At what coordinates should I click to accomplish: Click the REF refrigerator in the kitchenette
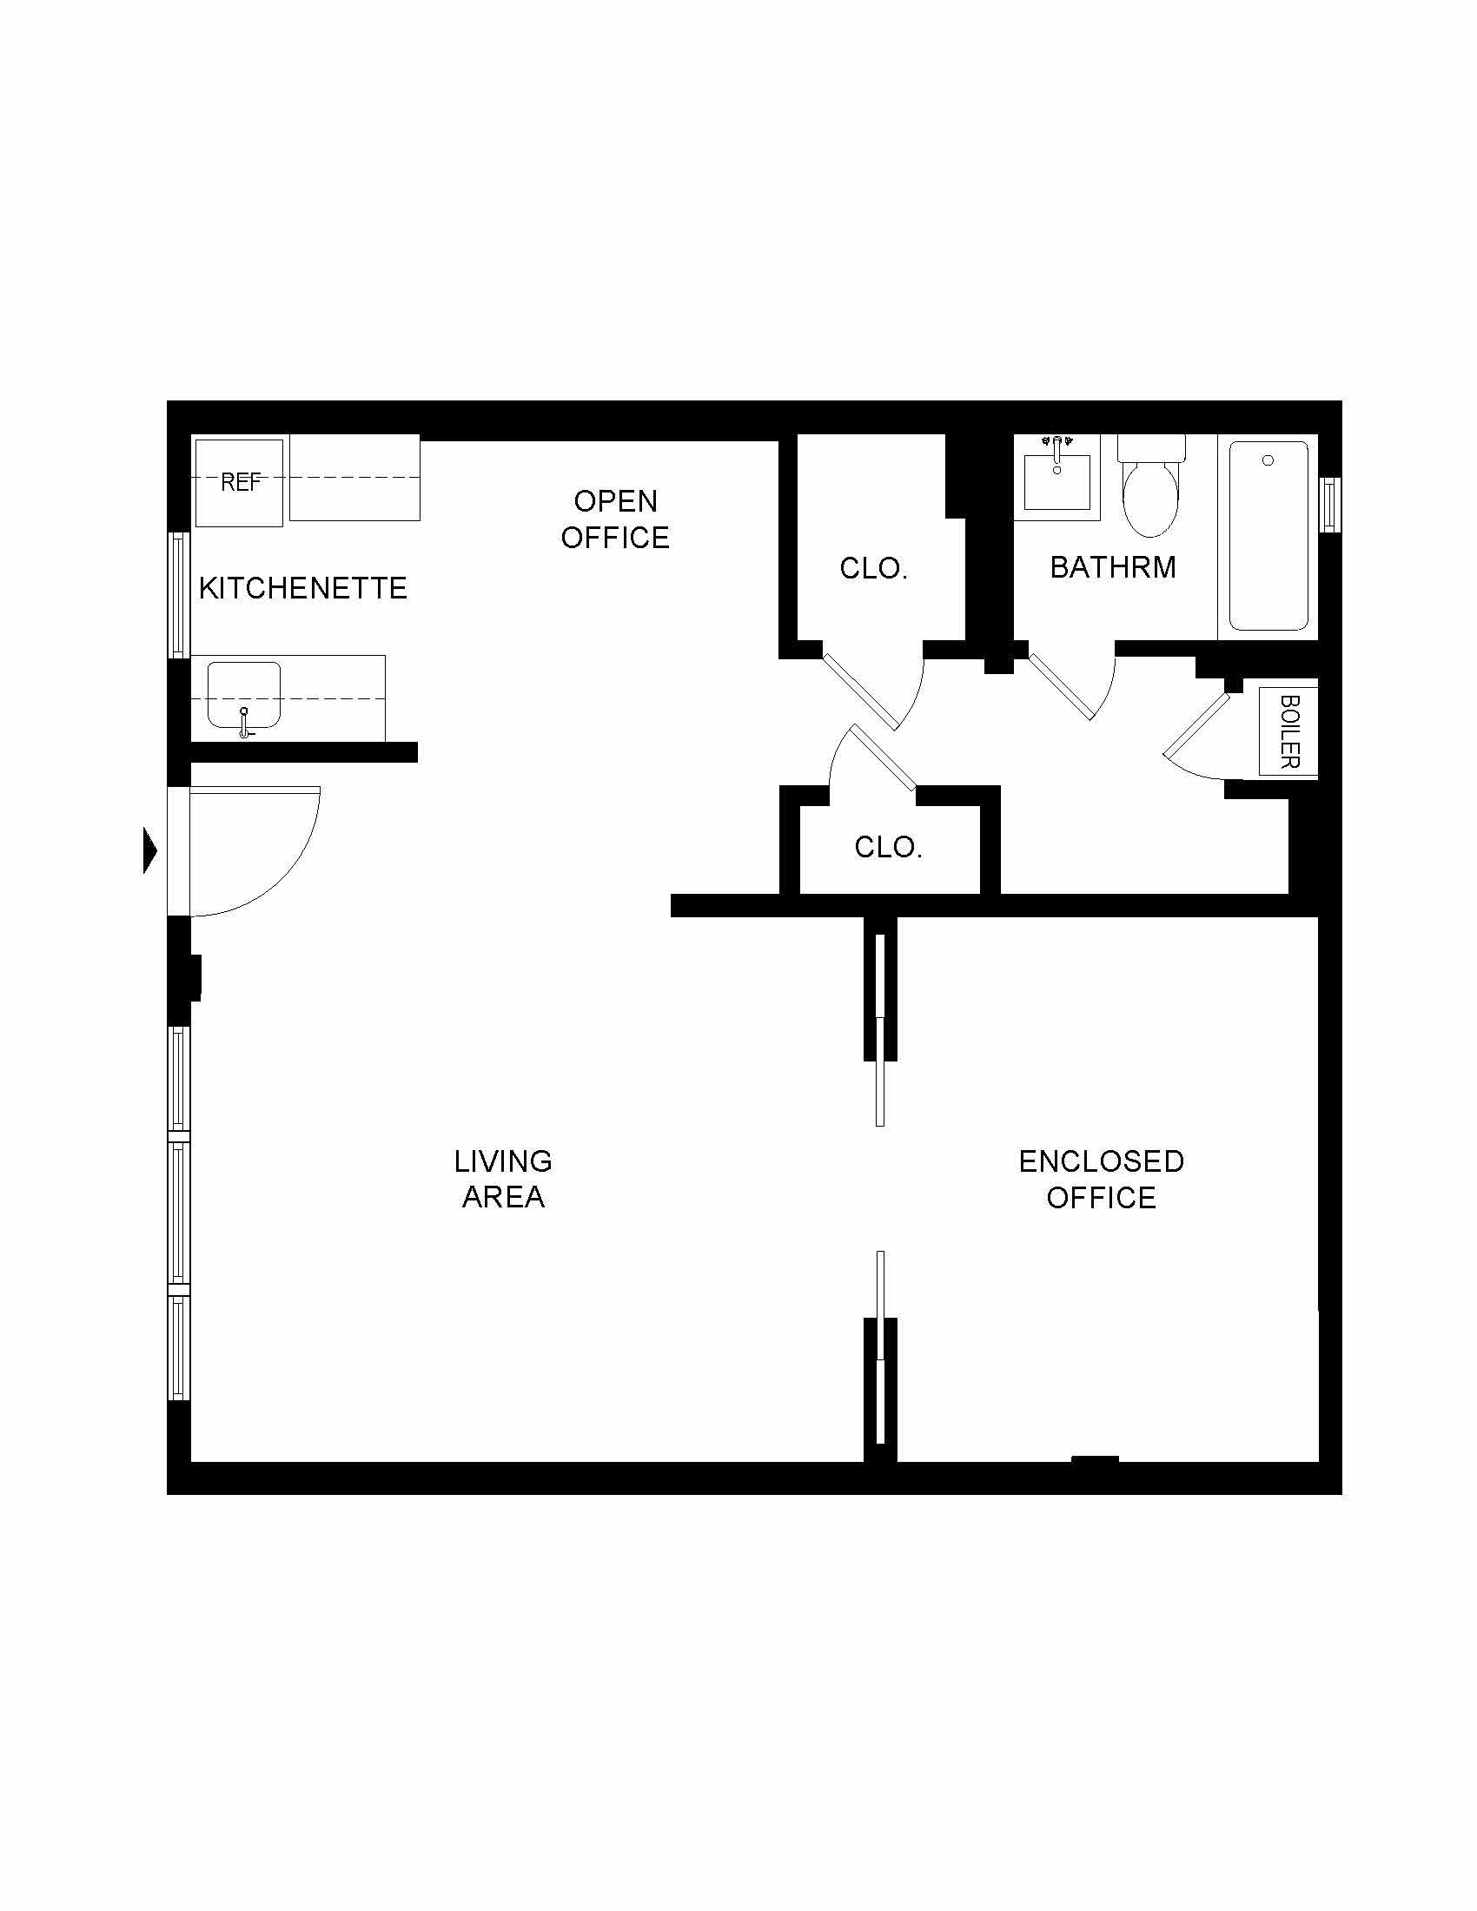[239, 483]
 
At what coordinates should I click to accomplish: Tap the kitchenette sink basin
[243, 695]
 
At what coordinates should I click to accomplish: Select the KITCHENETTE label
[302, 588]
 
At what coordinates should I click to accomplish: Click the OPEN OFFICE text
[615, 519]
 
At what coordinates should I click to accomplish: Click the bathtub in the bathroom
[1268, 535]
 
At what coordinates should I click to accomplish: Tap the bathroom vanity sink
[1057, 481]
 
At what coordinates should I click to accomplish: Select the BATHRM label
[1113, 567]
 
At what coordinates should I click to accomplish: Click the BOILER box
[1288, 731]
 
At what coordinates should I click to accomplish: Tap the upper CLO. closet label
[873, 569]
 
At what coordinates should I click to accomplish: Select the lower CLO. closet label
[888, 847]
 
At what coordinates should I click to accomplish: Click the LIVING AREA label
[503, 1179]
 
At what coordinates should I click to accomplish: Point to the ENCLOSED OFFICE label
[1101, 1179]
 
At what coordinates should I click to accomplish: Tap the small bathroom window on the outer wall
[1328, 505]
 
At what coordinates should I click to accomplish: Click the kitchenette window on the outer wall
[178, 595]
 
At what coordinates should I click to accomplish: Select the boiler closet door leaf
[1197, 724]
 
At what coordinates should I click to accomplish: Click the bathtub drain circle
[1268, 460]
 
